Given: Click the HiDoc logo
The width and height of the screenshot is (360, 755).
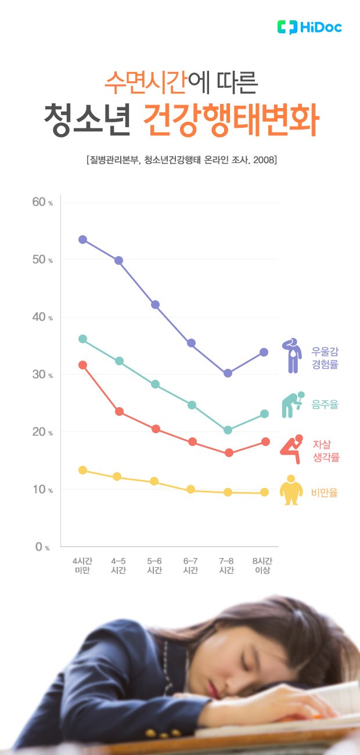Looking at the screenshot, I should [x=309, y=27].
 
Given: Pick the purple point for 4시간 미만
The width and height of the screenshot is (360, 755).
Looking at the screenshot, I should [x=82, y=239].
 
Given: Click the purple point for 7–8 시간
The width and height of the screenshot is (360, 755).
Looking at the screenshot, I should [x=228, y=373].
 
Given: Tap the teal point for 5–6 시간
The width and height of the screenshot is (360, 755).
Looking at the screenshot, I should [x=155, y=384].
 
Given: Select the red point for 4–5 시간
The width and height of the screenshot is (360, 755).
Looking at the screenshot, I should [x=119, y=411].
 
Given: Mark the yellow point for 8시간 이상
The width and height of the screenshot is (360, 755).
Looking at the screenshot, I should [x=264, y=492].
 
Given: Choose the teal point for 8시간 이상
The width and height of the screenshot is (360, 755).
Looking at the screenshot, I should [x=264, y=414].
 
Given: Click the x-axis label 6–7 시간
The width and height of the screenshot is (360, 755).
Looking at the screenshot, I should [x=190, y=566].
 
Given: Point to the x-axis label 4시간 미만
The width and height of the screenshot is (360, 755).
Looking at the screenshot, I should [x=82, y=566].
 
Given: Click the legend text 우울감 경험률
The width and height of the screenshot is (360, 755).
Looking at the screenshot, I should [x=325, y=358].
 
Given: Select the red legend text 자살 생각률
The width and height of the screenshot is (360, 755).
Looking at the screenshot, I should [x=325, y=451].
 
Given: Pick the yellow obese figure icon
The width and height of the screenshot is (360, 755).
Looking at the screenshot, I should [x=291, y=491].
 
